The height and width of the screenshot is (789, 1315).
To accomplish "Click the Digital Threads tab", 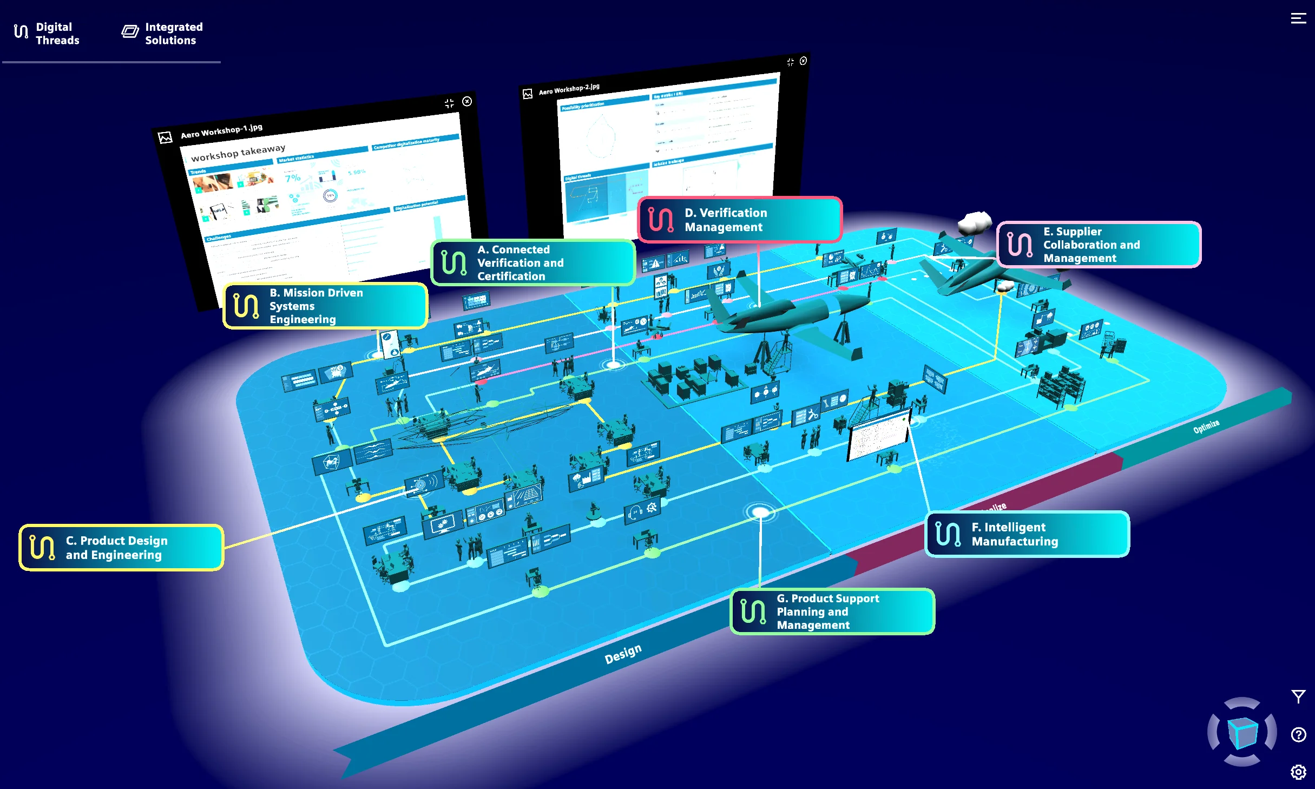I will [x=47, y=34].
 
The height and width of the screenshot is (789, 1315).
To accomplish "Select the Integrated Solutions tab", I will [x=162, y=34].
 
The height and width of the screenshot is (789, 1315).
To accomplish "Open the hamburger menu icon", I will [x=1298, y=18].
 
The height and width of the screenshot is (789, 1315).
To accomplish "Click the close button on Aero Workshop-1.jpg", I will [x=467, y=101].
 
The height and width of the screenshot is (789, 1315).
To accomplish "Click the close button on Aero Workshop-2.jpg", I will [x=803, y=61].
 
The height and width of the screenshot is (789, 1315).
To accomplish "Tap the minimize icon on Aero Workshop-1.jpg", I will [x=449, y=103].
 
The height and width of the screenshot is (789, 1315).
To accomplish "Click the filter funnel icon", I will [x=1298, y=696].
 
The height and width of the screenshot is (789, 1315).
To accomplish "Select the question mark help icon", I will [x=1298, y=734].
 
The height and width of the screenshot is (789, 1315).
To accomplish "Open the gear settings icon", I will [x=1298, y=772].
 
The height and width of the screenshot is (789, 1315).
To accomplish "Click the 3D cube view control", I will [x=1242, y=732].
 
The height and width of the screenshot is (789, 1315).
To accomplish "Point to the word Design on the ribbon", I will [x=623, y=654].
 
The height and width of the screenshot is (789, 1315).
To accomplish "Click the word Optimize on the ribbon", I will [x=1206, y=426].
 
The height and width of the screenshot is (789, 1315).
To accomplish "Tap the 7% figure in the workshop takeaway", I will [x=292, y=178].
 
